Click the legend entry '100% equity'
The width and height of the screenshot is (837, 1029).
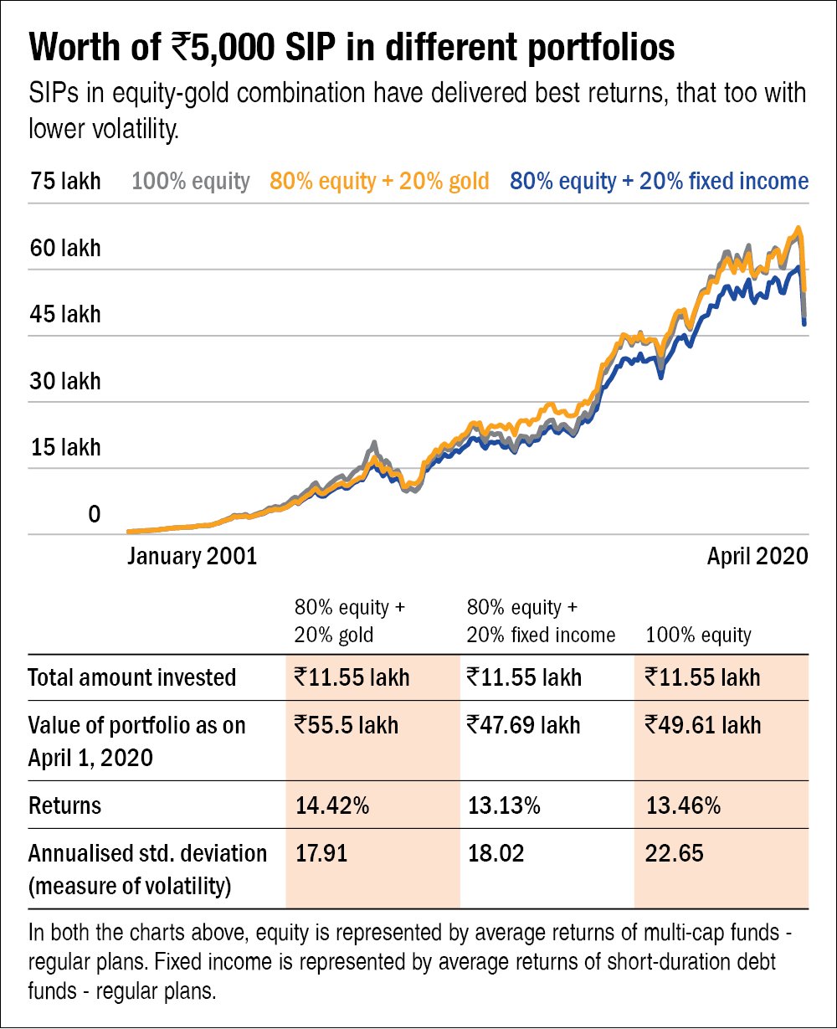[x=191, y=181]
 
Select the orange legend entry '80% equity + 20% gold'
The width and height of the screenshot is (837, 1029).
[x=379, y=181]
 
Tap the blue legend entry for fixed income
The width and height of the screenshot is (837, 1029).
[x=659, y=181]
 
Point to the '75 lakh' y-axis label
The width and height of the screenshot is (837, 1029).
[x=65, y=181]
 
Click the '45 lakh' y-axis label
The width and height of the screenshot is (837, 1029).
[x=65, y=315]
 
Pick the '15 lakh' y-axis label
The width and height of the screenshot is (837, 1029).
[x=65, y=447]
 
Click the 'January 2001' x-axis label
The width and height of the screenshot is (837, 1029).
[x=193, y=556]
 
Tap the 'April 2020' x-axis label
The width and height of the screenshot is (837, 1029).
[x=757, y=556]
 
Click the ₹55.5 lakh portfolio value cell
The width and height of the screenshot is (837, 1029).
[x=347, y=724]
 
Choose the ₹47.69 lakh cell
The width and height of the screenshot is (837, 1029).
[x=523, y=724]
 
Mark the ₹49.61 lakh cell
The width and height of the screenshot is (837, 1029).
[x=703, y=724]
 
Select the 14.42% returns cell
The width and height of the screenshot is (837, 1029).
[x=332, y=806]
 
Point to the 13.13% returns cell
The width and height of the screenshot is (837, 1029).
[x=503, y=806]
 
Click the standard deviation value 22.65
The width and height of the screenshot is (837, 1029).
[x=675, y=854]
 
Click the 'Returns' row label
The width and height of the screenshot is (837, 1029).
[x=64, y=806]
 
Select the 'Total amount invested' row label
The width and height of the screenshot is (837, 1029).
[x=131, y=677]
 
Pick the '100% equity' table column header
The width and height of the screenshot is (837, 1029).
[x=698, y=635]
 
